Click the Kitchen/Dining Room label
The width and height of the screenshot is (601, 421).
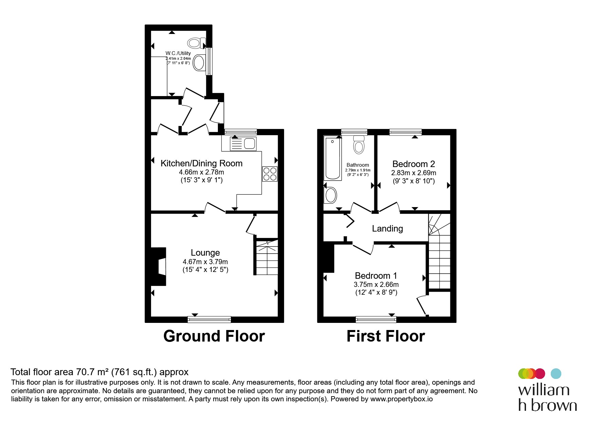[x=202, y=163]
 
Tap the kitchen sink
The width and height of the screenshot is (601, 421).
[x=243, y=144]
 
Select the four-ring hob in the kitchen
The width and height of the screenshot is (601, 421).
[x=270, y=174]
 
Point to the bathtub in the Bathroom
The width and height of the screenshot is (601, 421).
[x=333, y=158]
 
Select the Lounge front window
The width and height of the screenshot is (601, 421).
[x=209, y=319]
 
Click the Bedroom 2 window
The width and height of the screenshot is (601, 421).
[x=406, y=132]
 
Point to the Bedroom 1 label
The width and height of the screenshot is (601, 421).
[x=376, y=276]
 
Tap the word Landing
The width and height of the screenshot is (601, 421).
[x=388, y=228]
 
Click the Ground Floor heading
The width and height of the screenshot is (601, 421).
[x=214, y=336]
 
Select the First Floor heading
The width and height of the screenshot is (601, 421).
[x=386, y=336]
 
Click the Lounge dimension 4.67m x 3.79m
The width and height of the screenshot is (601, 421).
[x=205, y=262]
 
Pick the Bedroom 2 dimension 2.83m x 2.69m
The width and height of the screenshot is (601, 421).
[x=414, y=173]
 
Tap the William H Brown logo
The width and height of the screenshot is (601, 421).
[x=547, y=390]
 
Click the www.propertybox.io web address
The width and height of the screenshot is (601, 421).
[x=401, y=399]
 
